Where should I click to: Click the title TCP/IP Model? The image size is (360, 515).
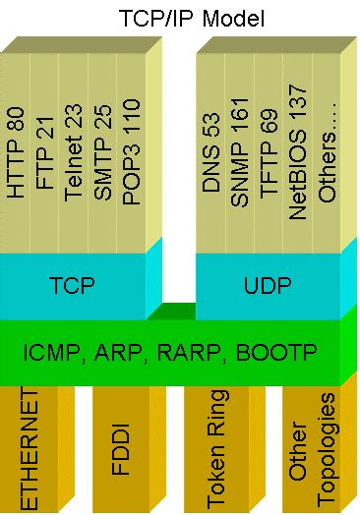point(179,17)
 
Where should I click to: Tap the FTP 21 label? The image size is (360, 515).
point(45,158)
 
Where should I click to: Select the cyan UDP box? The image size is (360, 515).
point(268,285)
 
